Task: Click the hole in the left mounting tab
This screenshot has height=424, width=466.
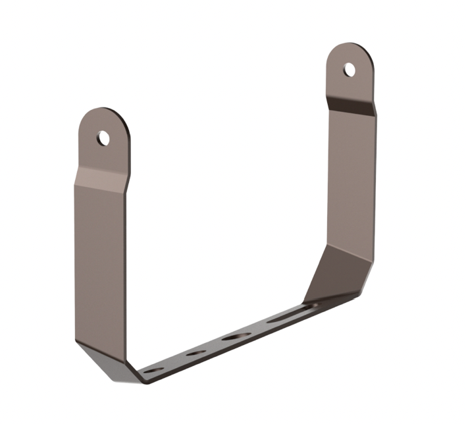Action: coord(103,138)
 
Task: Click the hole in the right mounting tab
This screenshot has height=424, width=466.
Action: coord(349,69)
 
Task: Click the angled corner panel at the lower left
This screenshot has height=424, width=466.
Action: coord(105,359)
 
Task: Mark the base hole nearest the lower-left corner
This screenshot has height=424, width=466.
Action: coord(154,371)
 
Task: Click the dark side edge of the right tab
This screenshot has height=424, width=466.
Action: coord(371,79)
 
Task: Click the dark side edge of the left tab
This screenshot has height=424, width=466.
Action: coord(127,148)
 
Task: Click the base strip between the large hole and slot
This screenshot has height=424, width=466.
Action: coord(260,327)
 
